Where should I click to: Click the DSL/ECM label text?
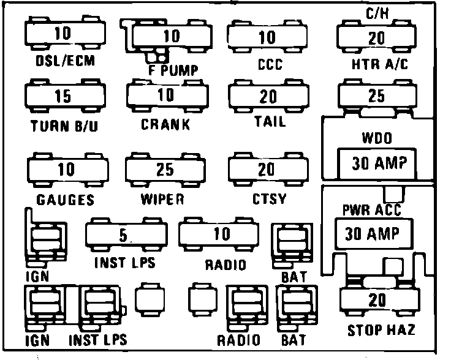coord(61,61)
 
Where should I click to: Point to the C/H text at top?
coord(376,12)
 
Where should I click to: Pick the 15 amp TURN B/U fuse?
coord(62,96)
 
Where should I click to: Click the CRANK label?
coord(165,124)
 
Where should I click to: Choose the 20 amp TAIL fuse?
coord(267,96)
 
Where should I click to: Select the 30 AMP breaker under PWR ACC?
coord(372,233)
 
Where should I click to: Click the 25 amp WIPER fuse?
coord(164,169)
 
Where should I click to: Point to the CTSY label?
coord(270,199)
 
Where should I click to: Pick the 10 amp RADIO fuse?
coord(222,233)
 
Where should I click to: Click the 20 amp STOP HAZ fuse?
coord(377,300)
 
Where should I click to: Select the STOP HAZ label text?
coord(381,331)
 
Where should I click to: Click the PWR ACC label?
coord(371,211)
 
